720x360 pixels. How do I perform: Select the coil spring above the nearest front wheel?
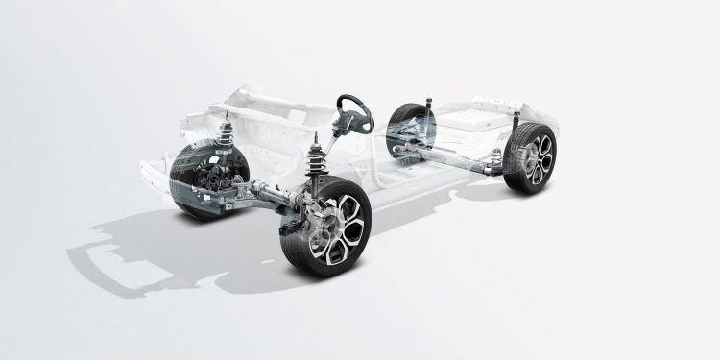pos(319,163)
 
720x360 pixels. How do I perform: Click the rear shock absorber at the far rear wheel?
pos(428,106)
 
